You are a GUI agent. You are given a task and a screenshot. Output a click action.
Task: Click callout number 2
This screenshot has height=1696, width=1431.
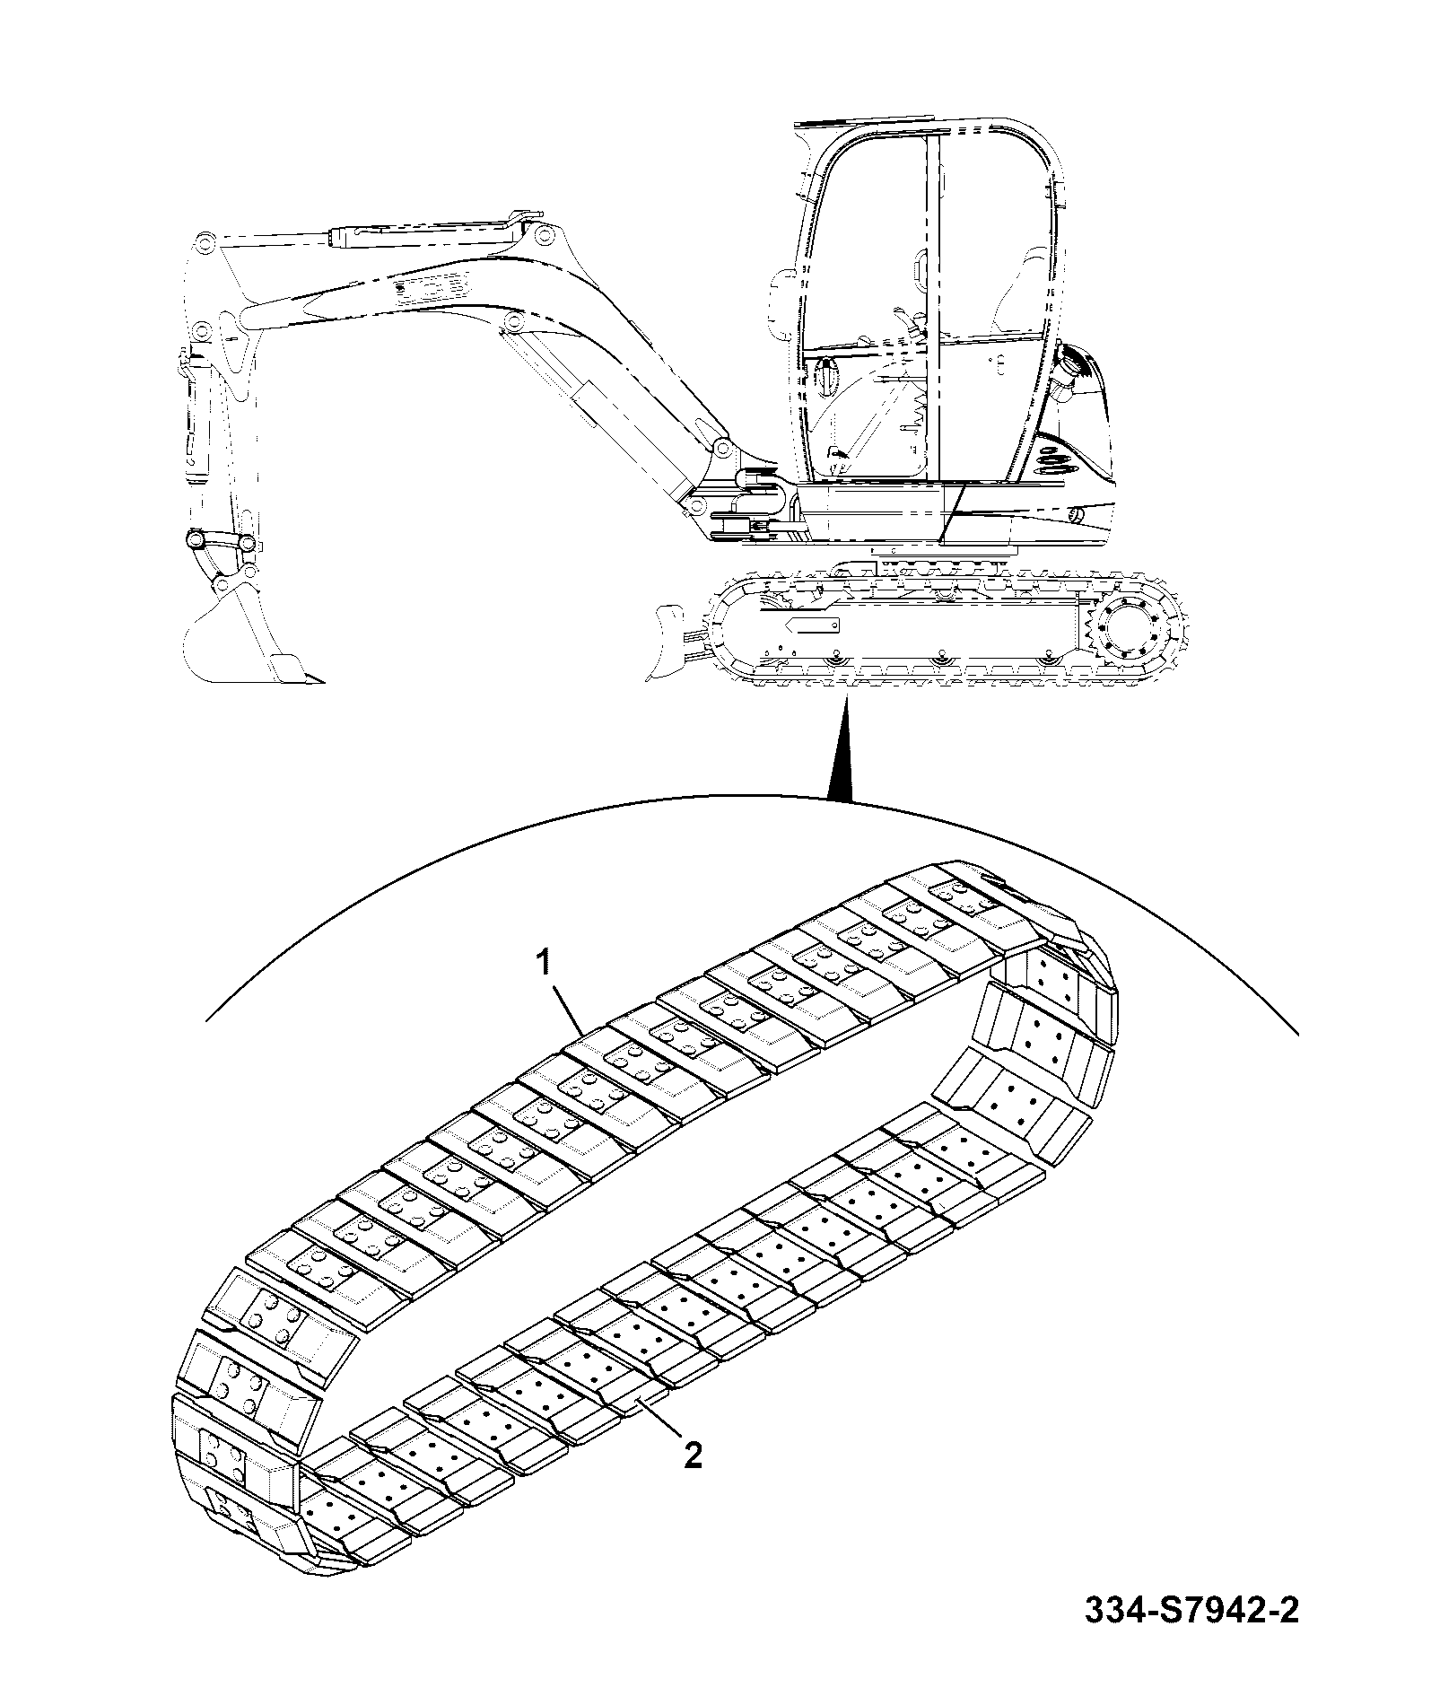[693, 1455]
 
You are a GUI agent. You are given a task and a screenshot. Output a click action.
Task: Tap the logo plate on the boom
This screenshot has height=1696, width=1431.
[431, 285]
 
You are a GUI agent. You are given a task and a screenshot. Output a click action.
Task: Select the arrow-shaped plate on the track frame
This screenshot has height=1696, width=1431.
[812, 624]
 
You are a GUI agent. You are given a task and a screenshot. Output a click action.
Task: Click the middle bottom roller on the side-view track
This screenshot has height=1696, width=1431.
[939, 659]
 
